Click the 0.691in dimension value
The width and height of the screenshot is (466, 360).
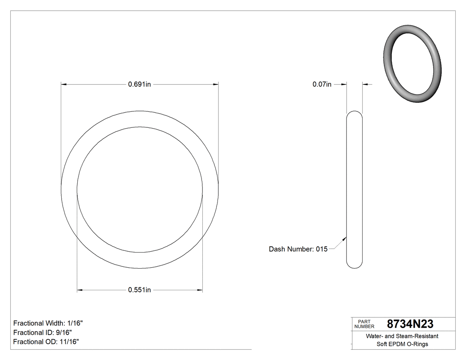[x=140, y=84]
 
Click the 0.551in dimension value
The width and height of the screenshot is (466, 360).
[x=140, y=290]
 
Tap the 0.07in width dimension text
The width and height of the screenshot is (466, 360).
[x=322, y=84]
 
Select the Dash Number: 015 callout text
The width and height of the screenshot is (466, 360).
[x=298, y=249]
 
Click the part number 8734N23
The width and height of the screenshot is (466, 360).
[x=410, y=324]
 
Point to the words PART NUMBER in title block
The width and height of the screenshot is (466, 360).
[x=364, y=324]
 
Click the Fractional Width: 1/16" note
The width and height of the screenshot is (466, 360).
[x=48, y=323]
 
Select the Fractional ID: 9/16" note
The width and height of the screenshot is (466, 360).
[x=43, y=332]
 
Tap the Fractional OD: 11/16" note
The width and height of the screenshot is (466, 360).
[x=46, y=342]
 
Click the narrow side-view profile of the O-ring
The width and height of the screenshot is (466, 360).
[x=354, y=189]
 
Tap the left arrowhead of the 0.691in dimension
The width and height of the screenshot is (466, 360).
[x=63, y=84]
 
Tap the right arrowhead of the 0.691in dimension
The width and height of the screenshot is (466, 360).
[x=216, y=84]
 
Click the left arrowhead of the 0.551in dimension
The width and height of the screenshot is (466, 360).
[x=80, y=290]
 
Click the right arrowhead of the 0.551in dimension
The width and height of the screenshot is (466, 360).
[x=200, y=290]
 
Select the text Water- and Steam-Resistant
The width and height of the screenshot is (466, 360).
[x=402, y=336]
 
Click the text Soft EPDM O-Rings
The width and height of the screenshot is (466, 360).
[x=402, y=344]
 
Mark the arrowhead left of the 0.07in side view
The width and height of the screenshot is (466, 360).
[x=344, y=84]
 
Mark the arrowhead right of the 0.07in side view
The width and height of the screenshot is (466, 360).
[x=365, y=84]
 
